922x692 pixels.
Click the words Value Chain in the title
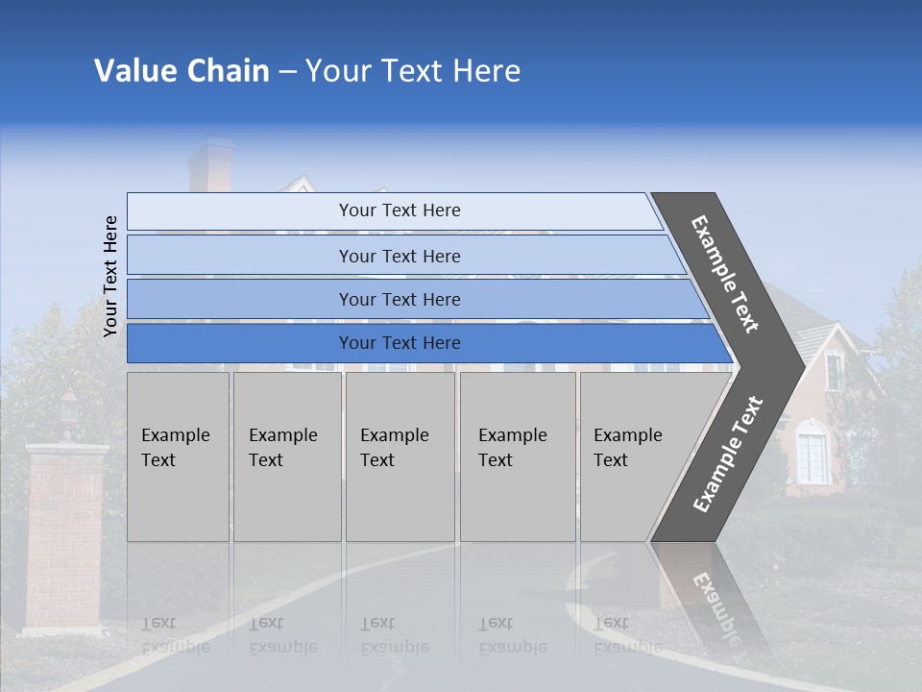point(182,71)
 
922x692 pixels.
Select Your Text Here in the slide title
point(413,71)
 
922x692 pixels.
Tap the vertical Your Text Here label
point(110,276)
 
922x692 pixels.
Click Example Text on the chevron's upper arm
point(725,274)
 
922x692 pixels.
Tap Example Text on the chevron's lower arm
point(728,454)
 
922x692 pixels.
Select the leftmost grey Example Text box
point(178,457)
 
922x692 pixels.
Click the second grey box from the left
point(287,457)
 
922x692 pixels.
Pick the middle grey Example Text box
point(400,457)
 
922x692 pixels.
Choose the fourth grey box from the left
point(518,457)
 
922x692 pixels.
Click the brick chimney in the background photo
point(210,165)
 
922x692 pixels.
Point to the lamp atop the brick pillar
point(68,408)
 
